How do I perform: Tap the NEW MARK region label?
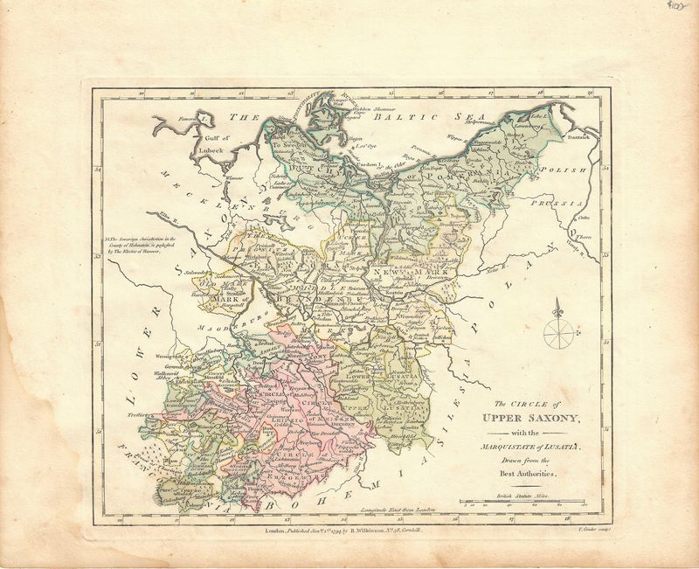click(x=400, y=274)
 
